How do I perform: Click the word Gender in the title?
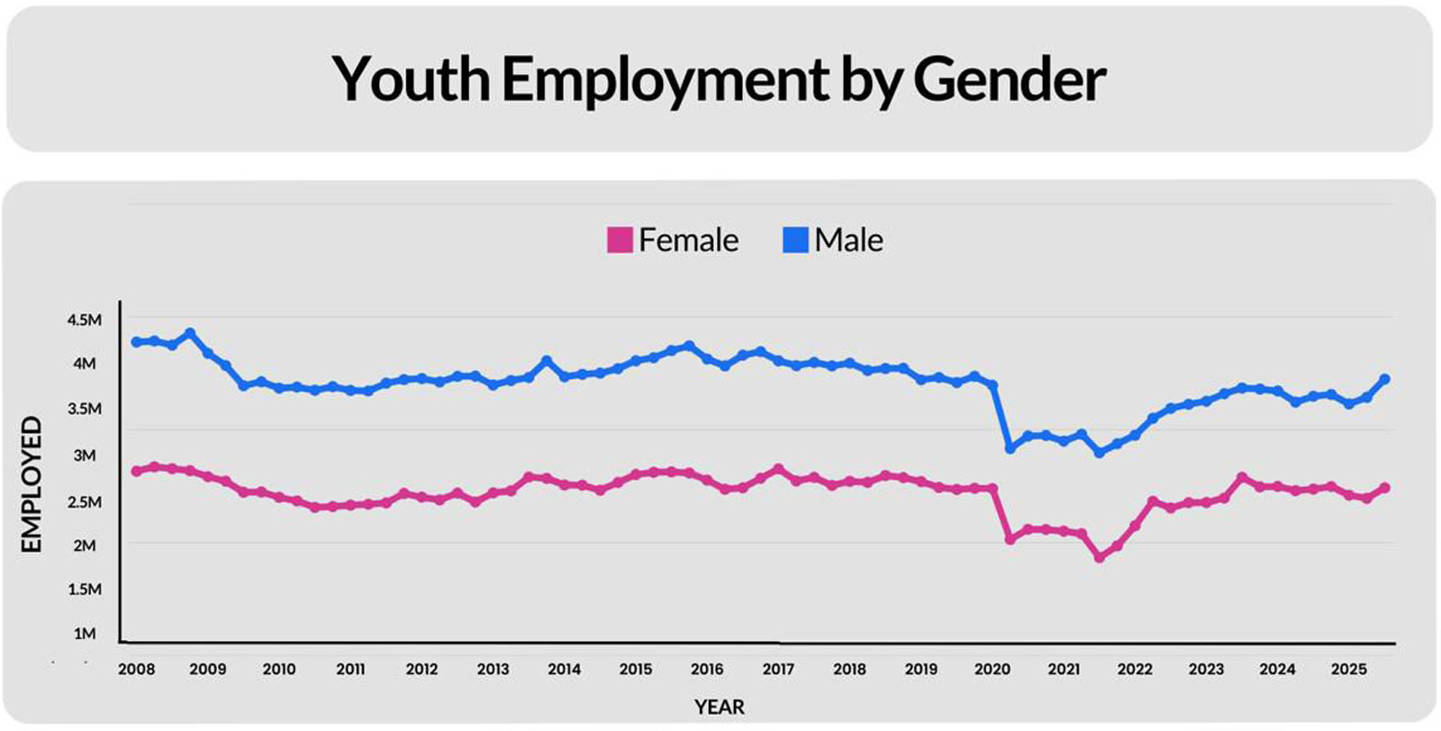[x=1009, y=79]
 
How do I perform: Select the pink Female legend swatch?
[x=620, y=240]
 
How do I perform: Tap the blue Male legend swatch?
[x=795, y=240]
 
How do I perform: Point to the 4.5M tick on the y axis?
[x=85, y=320]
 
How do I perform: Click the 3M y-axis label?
[x=85, y=456]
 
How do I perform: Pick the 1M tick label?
[x=85, y=634]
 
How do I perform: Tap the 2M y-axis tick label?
[x=85, y=546]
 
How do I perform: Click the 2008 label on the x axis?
[x=136, y=669]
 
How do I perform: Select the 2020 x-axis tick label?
[x=992, y=669]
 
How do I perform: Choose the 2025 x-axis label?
[x=1348, y=669]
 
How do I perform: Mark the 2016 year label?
[x=707, y=669]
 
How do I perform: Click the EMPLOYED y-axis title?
[x=32, y=484]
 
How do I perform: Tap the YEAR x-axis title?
[x=719, y=707]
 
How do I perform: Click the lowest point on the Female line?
[x=1099, y=557]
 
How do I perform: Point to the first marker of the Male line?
[x=136, y=342]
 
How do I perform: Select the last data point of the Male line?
[x=1384, y=380]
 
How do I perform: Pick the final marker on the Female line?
[x=1384, y=488]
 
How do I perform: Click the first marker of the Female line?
[x=136, y=471]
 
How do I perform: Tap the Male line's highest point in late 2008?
[x=190, y=333]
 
